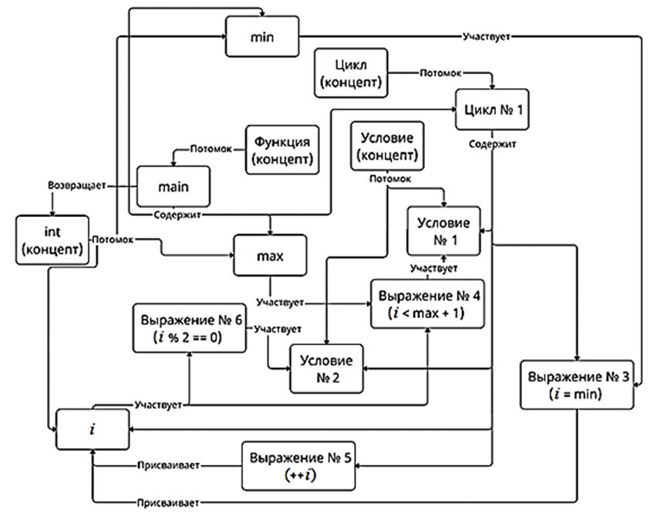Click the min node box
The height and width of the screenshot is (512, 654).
(x=263, y=36)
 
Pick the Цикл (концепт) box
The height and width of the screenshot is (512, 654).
(x=351, y=74)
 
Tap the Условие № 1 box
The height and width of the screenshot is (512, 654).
(x=443, y=230)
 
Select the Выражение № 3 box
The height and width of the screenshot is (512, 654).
(x=577, y=385)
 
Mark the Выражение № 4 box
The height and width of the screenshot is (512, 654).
(x=428, y=303)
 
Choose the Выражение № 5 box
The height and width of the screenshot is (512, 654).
(x=300, y=466)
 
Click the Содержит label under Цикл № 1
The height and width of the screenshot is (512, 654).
(x=492, y=143)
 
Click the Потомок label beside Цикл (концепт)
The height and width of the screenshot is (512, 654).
(x=440, y=74)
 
